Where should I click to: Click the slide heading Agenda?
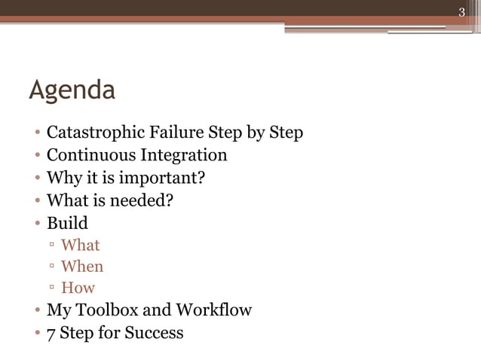point(72,91)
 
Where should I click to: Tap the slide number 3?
point(462,11)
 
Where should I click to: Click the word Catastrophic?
point(94,133)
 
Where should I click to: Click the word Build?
point(67,223)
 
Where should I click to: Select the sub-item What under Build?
point(80,245)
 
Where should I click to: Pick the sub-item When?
point(82,267)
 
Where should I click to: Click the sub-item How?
point(78,288)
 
